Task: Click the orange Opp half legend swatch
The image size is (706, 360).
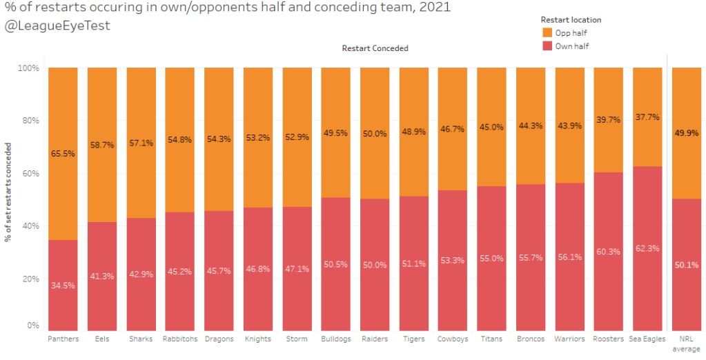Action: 547,32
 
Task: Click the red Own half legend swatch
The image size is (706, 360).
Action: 547,46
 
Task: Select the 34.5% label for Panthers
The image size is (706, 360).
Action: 62,285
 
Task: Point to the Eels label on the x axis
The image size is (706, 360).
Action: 101,339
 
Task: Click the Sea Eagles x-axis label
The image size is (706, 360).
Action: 647,339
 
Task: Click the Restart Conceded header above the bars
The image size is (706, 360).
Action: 375,48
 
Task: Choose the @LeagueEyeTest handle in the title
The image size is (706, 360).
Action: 57,26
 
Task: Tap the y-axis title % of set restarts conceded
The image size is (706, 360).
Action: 8,192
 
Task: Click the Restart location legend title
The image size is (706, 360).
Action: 571,20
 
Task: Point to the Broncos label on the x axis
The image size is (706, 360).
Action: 530,339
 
